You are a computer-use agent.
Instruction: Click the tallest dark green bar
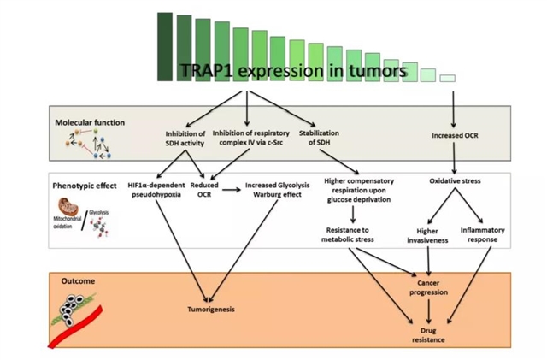pos(165,47)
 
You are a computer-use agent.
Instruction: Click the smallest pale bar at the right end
pos(447,78)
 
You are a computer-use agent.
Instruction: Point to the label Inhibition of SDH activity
pos(185,138)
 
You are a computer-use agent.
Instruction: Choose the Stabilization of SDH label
pos(319,138)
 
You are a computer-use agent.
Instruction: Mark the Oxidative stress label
pos(454,180)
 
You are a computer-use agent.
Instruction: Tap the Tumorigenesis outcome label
pos(209,309)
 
